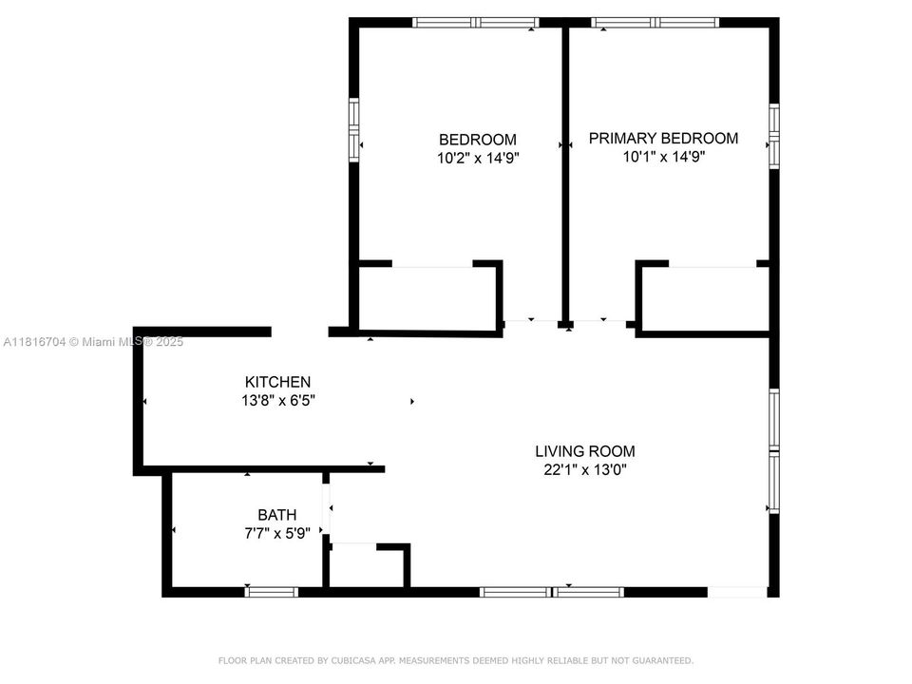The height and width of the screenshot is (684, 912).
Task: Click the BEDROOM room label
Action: (x=477, y=139)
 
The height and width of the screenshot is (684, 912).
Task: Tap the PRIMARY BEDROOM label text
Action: (x=663, y=138)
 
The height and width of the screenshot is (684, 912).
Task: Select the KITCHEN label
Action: (x=277, y=382)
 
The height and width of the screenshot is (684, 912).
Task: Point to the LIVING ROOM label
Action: (x=584, y=451)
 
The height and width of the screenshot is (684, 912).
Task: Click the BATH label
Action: (x=276, y=515)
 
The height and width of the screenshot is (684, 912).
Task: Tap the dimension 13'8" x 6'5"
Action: (x=277, y=401)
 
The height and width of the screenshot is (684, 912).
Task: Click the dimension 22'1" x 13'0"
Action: (x=584, y=469)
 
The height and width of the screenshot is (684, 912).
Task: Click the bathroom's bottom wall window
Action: (x=271, y=592)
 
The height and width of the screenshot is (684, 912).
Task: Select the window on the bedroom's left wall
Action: (x=353, y=129)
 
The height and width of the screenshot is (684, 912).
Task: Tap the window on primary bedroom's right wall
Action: (x=773, y=136)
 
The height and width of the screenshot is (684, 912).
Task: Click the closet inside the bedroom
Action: (x=427, y=298)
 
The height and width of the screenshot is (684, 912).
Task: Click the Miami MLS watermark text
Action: (x=93, y=342)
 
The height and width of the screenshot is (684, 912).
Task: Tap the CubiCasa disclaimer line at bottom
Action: (x=456, y=660)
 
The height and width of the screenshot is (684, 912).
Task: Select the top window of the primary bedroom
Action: (x=655, y=22)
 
